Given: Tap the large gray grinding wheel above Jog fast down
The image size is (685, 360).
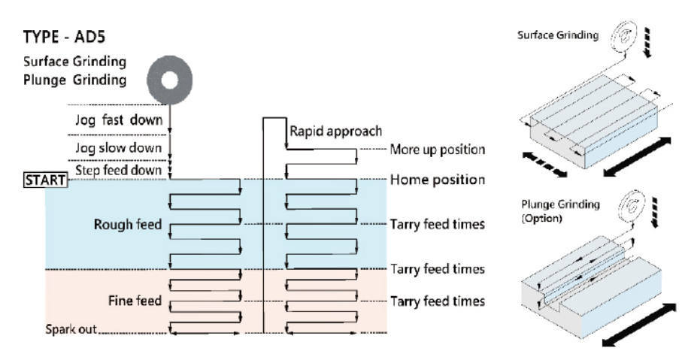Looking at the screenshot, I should point(170,78).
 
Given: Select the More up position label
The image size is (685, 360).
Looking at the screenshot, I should point(437,150).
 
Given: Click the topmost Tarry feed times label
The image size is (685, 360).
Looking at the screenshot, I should point(437,224).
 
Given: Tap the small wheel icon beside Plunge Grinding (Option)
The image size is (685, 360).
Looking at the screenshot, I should point(623,204).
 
